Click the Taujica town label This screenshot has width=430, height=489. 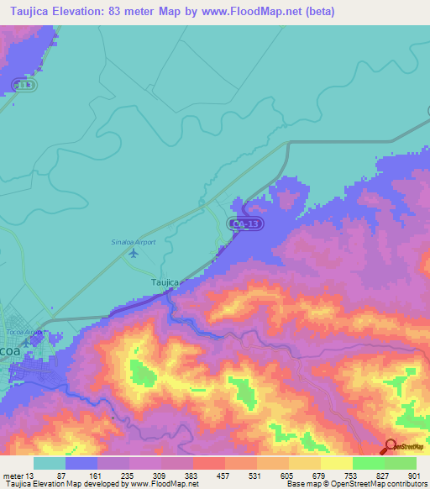click(165, 283)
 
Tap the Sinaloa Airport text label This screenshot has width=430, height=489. click(134, 242)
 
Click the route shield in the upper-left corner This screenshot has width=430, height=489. click(23, 85)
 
